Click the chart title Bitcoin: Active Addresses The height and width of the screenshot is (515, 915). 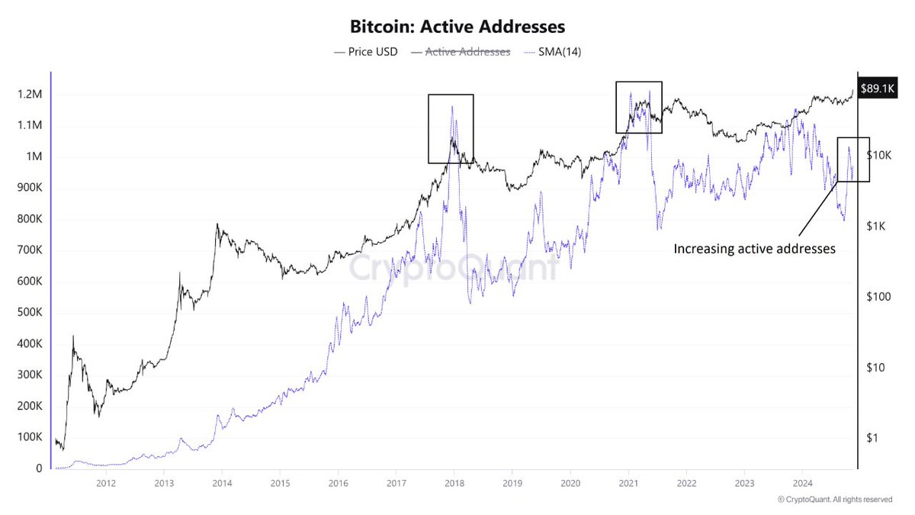point(457,26)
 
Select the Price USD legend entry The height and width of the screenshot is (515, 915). point(366,52)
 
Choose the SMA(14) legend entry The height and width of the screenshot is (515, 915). point(553,52)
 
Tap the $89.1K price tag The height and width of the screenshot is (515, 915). point(876,88)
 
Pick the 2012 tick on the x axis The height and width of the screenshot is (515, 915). point(106,483)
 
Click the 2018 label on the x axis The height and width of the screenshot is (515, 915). point(454,483)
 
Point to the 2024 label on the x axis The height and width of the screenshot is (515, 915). point(802,483)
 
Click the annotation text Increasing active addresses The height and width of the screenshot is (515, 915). point(755,248)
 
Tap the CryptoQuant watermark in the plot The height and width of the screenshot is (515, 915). point(453,269)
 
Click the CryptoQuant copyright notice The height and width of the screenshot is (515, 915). point(834,500)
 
